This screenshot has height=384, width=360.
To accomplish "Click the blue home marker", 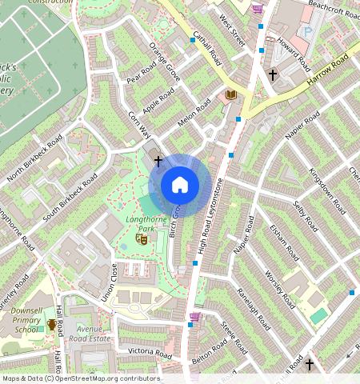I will tap(180, 185).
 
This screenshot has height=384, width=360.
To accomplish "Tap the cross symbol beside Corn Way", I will tap(158, 161).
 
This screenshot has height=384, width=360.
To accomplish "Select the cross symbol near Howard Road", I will tap(273, 75).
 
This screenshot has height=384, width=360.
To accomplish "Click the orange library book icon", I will tap(231, 95).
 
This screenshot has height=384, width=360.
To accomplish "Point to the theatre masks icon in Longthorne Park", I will tap(142, 238).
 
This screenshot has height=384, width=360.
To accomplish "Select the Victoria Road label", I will tap(145, 352).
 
